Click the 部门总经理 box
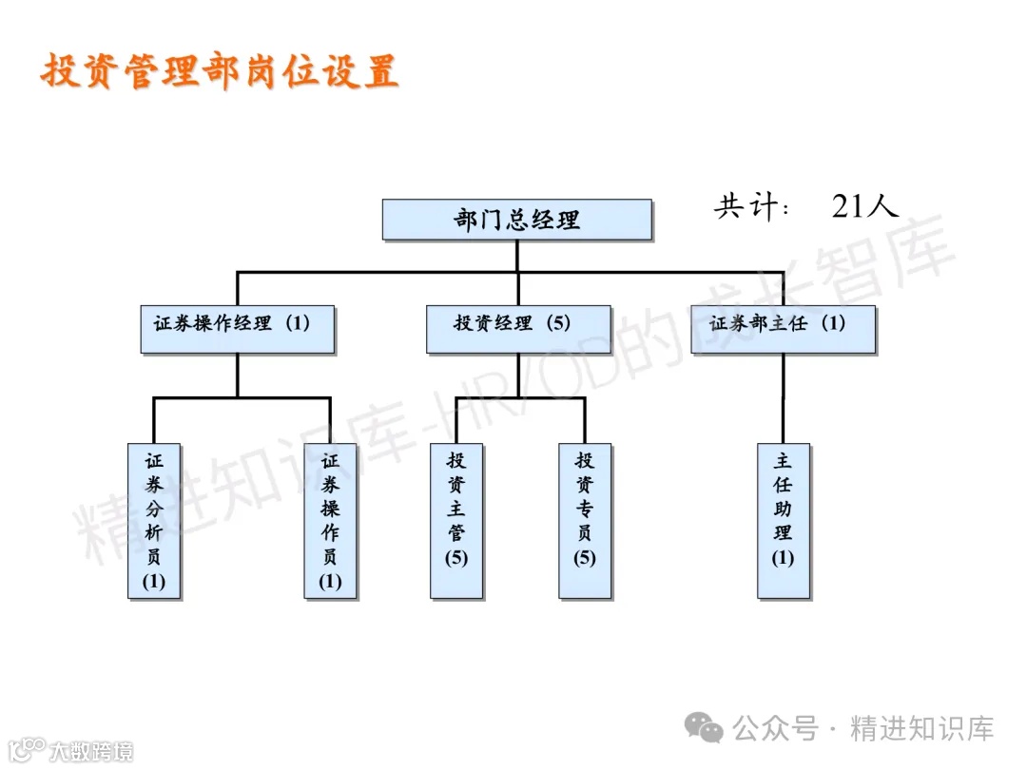click(516, 220)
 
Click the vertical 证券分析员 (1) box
click(154, 520)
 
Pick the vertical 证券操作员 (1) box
click(330, 520)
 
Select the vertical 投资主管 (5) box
click(456, 520)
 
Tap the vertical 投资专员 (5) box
click(585, 520)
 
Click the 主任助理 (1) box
click(783, 520)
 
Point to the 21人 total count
click(864, 206)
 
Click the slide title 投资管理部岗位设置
click(220, 71)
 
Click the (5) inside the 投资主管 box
click(456, 558)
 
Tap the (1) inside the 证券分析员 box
click(154, 581)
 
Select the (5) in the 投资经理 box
click(558, 323)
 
